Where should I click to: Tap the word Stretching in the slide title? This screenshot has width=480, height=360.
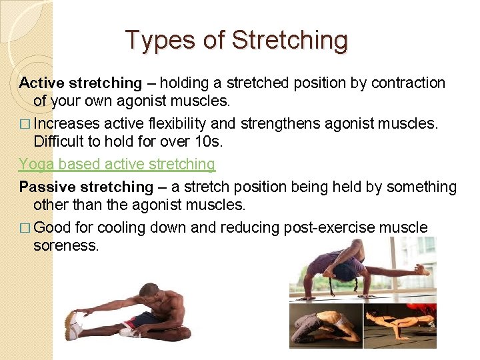click(289, 40)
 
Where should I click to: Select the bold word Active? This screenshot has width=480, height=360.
click(41, 83)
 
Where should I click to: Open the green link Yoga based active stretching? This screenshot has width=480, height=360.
click(117, 164)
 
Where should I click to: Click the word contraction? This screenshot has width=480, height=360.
click(409, 83)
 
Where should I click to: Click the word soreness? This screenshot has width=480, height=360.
click(66, 246)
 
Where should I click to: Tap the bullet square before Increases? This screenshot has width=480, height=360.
click(24, 125)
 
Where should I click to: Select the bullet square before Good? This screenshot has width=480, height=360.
click(24, 228)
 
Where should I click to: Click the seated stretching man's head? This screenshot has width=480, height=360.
click(151, 292)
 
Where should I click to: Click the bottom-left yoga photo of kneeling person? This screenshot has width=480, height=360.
click(325, 327)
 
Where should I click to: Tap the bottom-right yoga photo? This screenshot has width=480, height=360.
click(399, 327)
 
